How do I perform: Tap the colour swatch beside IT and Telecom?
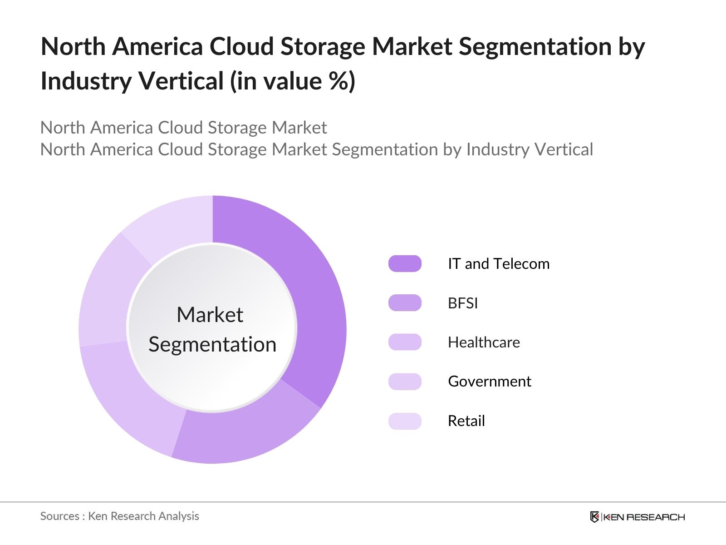click(405, 264)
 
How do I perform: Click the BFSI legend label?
click(463, 303)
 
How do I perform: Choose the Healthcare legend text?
click(484, 342)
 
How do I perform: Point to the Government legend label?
click(490, 381)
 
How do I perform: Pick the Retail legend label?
click(466, 421)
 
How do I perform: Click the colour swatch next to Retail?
click(405, 421)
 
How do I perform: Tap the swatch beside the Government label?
click(405, 382)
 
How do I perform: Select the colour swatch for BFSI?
click(405, 303)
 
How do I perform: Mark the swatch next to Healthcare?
click(405, 342)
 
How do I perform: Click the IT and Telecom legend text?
click(499, 264)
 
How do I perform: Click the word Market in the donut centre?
click(210, 314)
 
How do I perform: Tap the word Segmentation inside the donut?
click(212, 345)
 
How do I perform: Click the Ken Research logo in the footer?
click(638, 517)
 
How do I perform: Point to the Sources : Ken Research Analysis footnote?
click(119, 516)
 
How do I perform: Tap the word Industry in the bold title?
click(86, 81)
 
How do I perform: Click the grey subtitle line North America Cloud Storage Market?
click(184, 128)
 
